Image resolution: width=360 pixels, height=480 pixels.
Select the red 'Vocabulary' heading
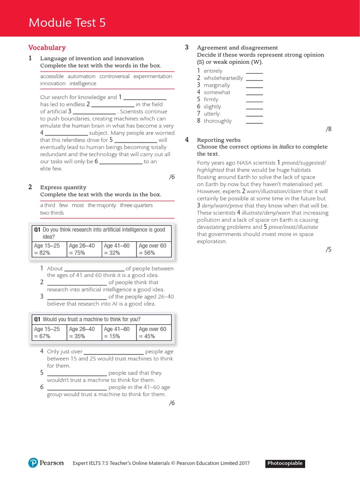pyautogui.click(x=47, y=47)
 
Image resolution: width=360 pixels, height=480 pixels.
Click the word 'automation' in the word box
pyautogui.click(x=81, y=76)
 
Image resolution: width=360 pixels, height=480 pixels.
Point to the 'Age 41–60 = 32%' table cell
pyautogui.click(x=119, y=249)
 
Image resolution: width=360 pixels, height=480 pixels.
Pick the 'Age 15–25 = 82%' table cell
pyautogui.click(x=49, y=249)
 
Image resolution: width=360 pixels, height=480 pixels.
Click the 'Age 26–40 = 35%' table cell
pyautogui.click(x=84, y=332)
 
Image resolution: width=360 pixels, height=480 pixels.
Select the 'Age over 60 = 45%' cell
pyautogui.click(x=154, y=332)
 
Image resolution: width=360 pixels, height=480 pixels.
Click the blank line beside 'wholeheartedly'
pyautogui.click(x=255, y=78)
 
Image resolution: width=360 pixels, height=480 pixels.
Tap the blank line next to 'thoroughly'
pyautogui.click(x=255, y=121)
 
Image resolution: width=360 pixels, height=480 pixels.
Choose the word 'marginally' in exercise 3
pyautogui.click(x=217, y=85)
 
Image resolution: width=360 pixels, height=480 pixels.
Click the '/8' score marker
pyautogui.click(x=328, y=129)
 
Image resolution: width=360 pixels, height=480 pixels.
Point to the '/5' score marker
pyautogui.click(x=328, y=249)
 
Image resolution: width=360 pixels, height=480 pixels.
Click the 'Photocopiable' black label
pyautogui.click(x=285, y=464)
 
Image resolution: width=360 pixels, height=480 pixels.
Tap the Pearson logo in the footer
pyautogui.click(x=46, y=463)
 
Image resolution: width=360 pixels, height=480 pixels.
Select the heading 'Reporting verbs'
pyautogui.click(x=218, y=140)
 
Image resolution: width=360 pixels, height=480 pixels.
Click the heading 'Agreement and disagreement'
pyautogui.click(x=237, y=47)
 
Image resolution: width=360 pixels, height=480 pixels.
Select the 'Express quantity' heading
pyautogui.click(x=63, y=187)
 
